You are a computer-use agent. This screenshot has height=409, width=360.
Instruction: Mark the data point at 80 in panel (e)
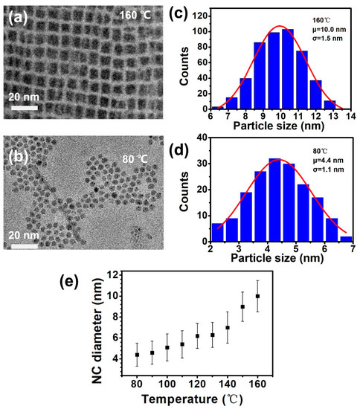pyautogui.click(x=137, y=355)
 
